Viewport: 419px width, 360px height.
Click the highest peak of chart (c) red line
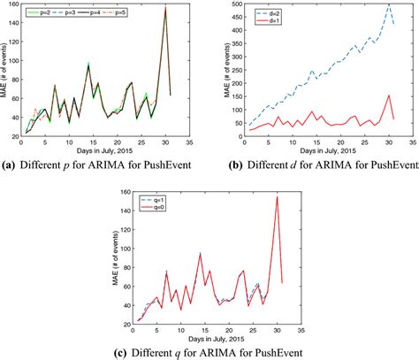(x=278, y=196)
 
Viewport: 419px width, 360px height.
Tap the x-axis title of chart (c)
(x=210, y=340)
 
